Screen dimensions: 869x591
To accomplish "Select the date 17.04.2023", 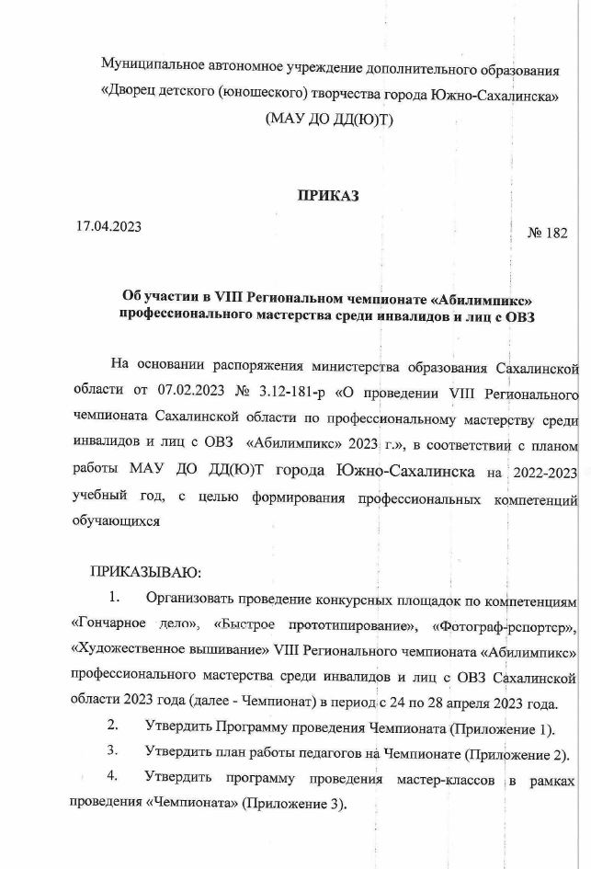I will click(x=109, y=226).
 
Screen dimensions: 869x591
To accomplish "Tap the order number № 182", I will click(x=547, y=233).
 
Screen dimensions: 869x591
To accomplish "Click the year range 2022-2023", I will click(x=544, y=472).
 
